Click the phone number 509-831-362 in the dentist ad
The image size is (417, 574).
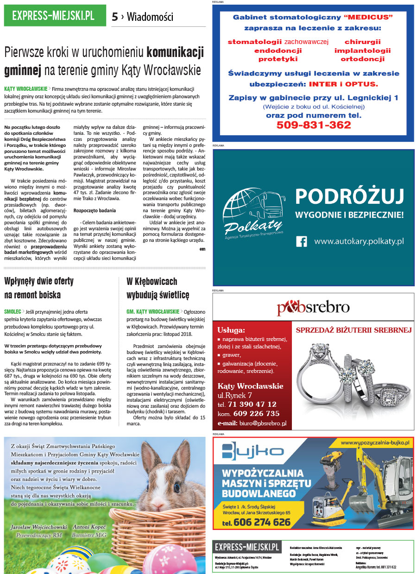pyautogui.click(x=313, y=125)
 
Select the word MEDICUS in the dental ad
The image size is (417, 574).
pyautogui.click(x=369, y=17)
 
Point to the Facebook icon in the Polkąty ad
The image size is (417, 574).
pyautogui.click(x=302, y=241)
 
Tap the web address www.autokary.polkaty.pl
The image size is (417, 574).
pyautogui.click(x=359, y=241)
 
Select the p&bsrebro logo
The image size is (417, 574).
pyautogui.click(x=313, y=307)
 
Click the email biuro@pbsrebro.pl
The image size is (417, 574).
pyautogui.click(x=262, y=423)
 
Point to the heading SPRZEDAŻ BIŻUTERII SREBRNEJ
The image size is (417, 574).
pyautogui.click(x=354, y=330)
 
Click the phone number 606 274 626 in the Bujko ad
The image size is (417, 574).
pyautogui.click(x=262, y=522)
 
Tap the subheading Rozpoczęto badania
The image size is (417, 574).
pyautogui.click(x=95, y=210)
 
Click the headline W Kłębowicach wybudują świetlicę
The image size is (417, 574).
pyautogui.click(x=158, y=288)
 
